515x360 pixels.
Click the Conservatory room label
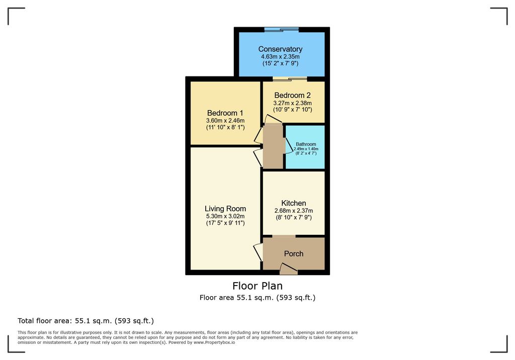pyautogui.click(x=280, y=49)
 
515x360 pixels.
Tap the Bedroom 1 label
pyautogui.click(x=225, y=113)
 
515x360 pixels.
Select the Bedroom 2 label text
pyautogui.click(x=292, y=95)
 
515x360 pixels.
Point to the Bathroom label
pyautogui.click(x=306, y=144)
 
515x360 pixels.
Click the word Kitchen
pyautogui.click(x=294, y=203)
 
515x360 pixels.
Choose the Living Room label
pyautogui.click(x=225, y=209)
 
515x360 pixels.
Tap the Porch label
pyautogui.click(x=294, y=253)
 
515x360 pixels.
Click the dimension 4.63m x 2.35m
pyautogui.click(x=280, y=56)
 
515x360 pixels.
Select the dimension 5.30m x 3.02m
pyautogui.click(x=225, y=216)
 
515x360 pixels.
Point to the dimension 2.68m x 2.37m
pyautogui.click(x=294, y=211)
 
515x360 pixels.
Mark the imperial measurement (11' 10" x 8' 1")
pyautogui.click(x=225, y=127)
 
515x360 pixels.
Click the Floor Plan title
pyautogui.click(x=257, y=286)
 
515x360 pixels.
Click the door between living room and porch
pyautogui.click(x=258, y=252)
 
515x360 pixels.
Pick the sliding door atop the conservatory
pyautogui.click(x=282, y=30)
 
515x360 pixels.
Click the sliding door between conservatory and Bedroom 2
pyautogui.click(x=290, y=79)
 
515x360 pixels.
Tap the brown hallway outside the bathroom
pyautogui.click(x=273, y=146)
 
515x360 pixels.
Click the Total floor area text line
pyautogui.click(x=85, y=321)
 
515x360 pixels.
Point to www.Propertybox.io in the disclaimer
pyautogui.click(x=214, y=342)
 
